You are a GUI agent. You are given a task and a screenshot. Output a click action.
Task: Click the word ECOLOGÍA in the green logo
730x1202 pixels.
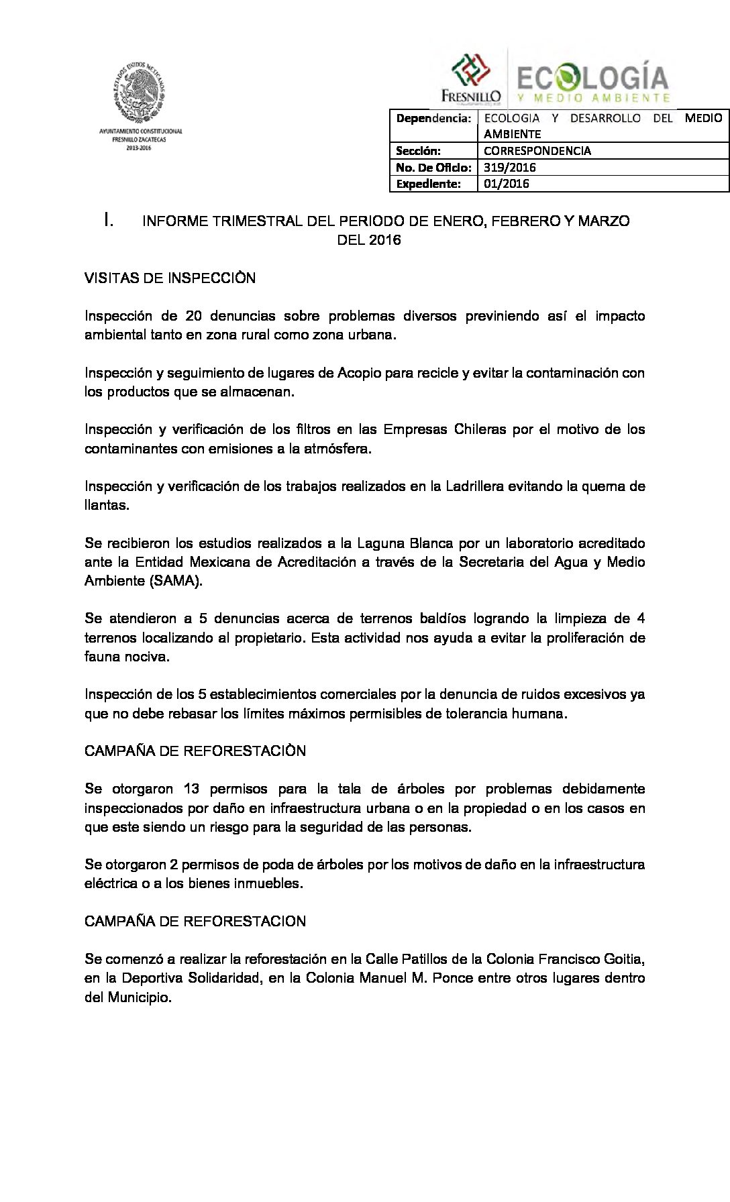pyautogui.click(x=592, y=78)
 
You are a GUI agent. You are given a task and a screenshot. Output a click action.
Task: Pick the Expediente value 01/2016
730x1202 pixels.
pyautogui.click(x=506, y=184)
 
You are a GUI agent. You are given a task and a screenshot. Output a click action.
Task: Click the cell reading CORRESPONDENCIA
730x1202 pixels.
pyautogui.click(x=537, y=151)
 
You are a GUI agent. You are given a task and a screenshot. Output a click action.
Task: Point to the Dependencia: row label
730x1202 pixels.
pyautogui.click(x=433, y=119)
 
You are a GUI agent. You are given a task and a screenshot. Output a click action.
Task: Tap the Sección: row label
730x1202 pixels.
pyautogui.click(x=417, y=151)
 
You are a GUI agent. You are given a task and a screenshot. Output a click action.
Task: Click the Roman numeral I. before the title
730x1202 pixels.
pyautogui.click(x=108, y=220)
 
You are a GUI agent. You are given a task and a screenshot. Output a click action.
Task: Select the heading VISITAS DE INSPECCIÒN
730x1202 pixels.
pyautogui.click(x=170, y=278)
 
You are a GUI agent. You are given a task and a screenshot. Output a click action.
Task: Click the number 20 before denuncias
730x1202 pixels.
pyautogui.click(x=193, y=316)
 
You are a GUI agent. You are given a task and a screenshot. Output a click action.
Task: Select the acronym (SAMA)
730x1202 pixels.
pyautogui.click(x=177, y=581)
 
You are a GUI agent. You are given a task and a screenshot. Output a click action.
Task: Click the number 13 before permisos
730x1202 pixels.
pyautogui.click(x=191, y=789)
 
